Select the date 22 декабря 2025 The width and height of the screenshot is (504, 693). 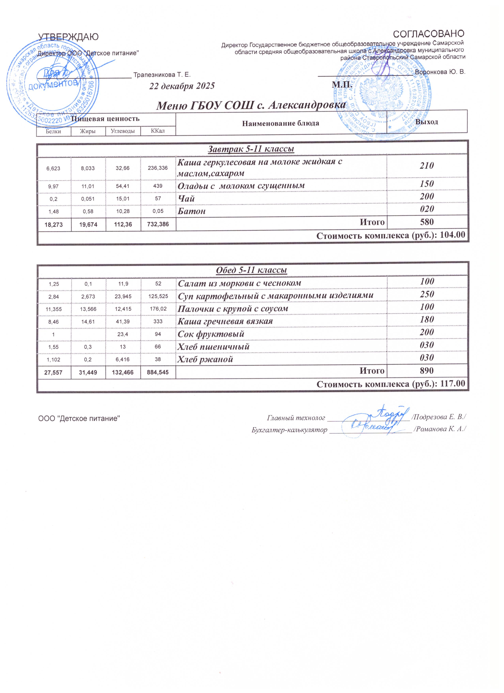182,86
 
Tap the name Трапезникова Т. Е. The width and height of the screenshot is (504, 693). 162,75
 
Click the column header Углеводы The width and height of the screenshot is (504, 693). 123,131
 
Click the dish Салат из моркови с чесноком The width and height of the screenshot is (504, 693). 239,283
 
